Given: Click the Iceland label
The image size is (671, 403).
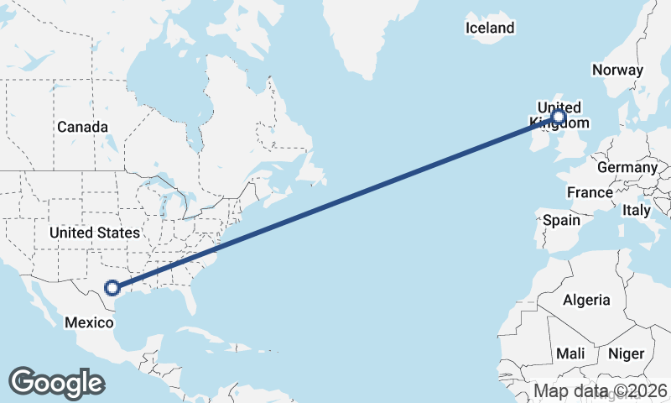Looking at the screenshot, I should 490,28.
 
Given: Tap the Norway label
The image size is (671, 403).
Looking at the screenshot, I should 617,71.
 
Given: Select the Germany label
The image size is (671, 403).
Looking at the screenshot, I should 627,167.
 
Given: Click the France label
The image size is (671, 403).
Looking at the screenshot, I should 590,192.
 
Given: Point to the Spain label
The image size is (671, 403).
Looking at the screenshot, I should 561,220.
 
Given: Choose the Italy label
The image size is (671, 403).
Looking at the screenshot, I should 636,210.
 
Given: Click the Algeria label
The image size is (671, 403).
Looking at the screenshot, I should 586,300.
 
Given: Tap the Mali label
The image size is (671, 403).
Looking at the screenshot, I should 570,353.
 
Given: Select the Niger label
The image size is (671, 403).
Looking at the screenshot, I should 625,353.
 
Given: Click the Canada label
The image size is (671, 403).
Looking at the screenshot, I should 82,127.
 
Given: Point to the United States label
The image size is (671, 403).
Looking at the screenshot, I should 94,232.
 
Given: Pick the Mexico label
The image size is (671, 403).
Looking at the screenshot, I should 89,322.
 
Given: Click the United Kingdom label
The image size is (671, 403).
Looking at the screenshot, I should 559,115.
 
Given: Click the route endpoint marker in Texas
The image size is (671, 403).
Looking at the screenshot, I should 112,288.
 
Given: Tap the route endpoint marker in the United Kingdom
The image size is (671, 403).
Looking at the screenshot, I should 559,118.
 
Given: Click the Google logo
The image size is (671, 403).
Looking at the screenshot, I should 56,382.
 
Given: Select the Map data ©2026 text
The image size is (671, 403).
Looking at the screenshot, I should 601,390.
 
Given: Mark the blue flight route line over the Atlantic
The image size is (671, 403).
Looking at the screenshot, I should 335,202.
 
